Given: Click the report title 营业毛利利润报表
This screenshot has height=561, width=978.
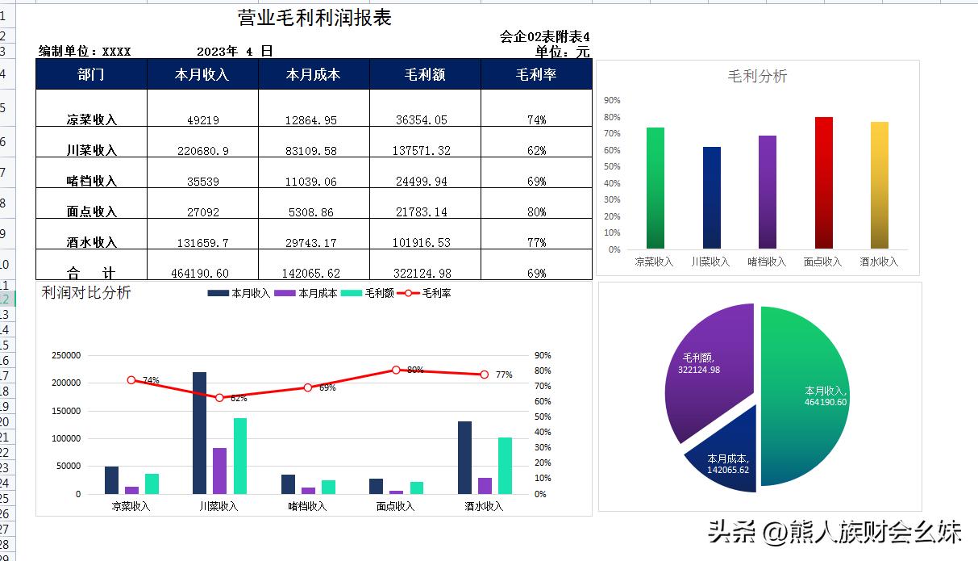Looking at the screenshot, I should click(x=314, y=18).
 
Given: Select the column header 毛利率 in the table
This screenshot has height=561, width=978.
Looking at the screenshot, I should click(x=536, y=75).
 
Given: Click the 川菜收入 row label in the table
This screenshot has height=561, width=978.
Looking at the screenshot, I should click(x=92, y=150).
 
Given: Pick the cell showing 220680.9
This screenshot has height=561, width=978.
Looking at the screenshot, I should click(x=202, y=151).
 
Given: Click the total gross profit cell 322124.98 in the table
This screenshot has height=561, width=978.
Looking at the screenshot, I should click(x=424, y=274).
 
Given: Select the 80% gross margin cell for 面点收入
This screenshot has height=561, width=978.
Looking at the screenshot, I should click(x=536, y=212).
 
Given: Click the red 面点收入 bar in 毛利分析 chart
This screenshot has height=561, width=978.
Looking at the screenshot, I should click(x=823, y=182).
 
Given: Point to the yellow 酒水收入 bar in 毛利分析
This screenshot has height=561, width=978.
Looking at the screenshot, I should click(x=879, y=186).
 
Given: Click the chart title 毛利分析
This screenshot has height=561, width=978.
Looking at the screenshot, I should click(x=757, y=77).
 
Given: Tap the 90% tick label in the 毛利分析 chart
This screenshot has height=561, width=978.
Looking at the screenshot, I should click(x=612, y=101).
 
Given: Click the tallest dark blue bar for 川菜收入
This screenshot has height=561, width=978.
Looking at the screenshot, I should click(x=199, y=433).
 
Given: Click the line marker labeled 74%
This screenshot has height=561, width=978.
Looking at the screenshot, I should click(x=131, y=380).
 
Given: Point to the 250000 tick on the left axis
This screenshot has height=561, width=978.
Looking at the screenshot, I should click(x=66, y=356).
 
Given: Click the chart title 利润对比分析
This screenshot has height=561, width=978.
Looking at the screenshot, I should click(x=86, y=293).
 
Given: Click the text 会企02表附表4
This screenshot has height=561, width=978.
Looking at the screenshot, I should click(x=544, y=37).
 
